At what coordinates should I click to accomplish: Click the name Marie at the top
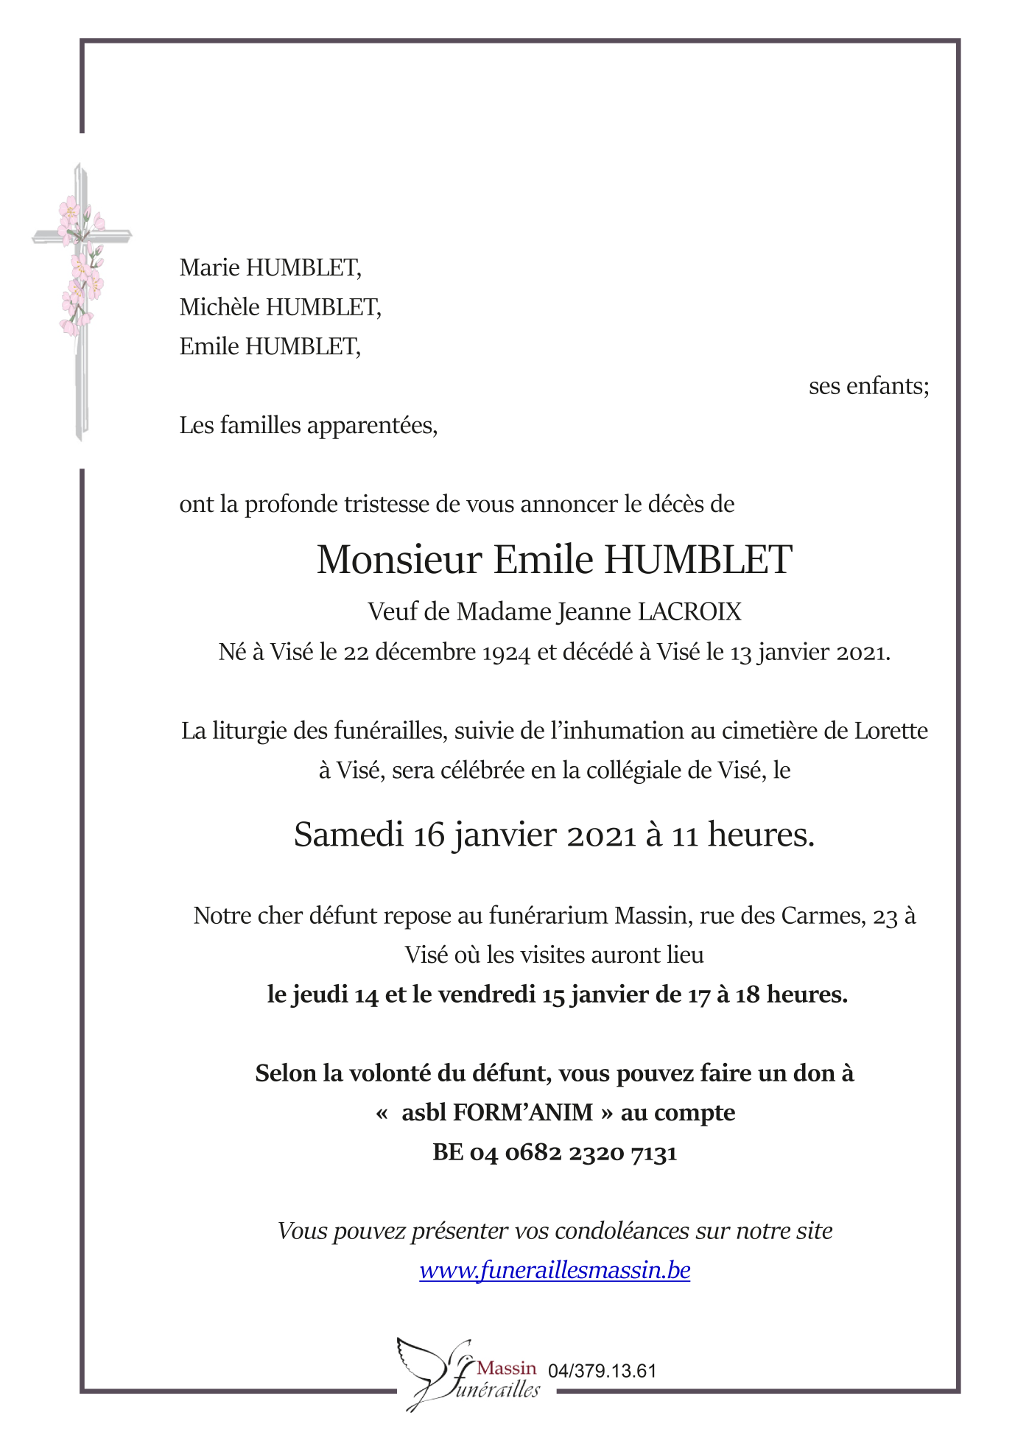209,267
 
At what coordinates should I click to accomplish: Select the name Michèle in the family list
219,307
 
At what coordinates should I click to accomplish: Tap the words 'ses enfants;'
868,386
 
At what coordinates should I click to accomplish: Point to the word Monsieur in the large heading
398,560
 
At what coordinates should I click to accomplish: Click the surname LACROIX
689,611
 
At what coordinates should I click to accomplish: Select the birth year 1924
506,653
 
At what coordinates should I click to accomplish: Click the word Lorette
891,731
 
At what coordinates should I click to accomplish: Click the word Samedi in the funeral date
348,835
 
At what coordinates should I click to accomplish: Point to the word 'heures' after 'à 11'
760,835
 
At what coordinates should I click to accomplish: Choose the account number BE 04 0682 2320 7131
555,1152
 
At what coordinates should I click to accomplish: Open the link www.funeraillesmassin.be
555,1271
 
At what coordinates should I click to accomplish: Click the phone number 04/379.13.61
602,1371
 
